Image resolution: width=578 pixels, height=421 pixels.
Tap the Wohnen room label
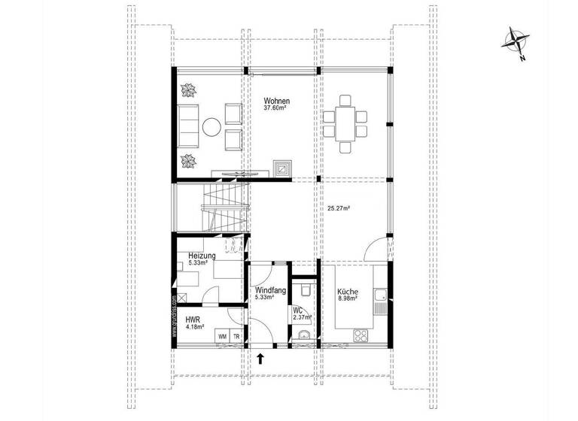tap(276, 101)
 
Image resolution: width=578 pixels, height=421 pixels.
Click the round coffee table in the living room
tap(212, 126)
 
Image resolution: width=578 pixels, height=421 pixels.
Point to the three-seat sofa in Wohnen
tap(188, 126)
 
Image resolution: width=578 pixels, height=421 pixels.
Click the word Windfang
tap(269, 289)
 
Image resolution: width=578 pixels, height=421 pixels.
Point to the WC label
tap(297, 310)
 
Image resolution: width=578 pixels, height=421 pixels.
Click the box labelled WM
tap(223, 337)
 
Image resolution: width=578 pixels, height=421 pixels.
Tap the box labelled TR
tap(237, 337)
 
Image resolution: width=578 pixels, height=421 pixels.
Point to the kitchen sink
tap(383, 299)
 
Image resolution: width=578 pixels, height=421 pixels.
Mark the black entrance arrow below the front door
tap(260, 359)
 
